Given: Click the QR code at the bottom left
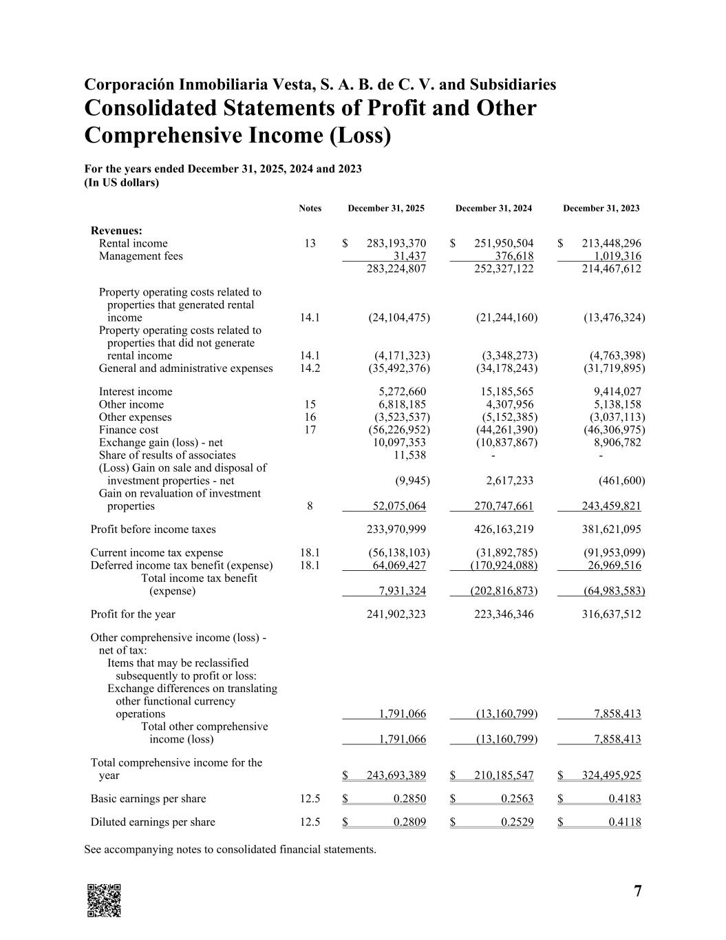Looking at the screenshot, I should [x=104, y=900].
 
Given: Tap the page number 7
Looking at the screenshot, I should [x=638, y=892].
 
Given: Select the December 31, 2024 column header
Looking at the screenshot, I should [x=493, y=209].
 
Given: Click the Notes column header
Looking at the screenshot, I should [x=310, y=209].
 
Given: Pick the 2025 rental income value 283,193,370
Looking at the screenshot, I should [x=396, y=244].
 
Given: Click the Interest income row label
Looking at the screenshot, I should [x=136, y=392].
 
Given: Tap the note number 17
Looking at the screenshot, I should [x=310, y=430].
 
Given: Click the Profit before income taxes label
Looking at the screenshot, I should [x=153, y=530].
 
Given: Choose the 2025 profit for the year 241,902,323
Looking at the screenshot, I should [x=396, y=614].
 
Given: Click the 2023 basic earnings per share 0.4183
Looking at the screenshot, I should [x=625, y=799].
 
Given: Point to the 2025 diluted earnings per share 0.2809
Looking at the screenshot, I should [x=409, y=822].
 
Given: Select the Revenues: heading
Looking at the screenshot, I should [x=116, y=231].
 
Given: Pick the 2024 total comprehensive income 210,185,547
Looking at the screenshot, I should [x=504, y=775].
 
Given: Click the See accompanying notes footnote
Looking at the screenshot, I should [x=230, y=849].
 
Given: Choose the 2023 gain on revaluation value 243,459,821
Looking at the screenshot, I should [x=611, y=506].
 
